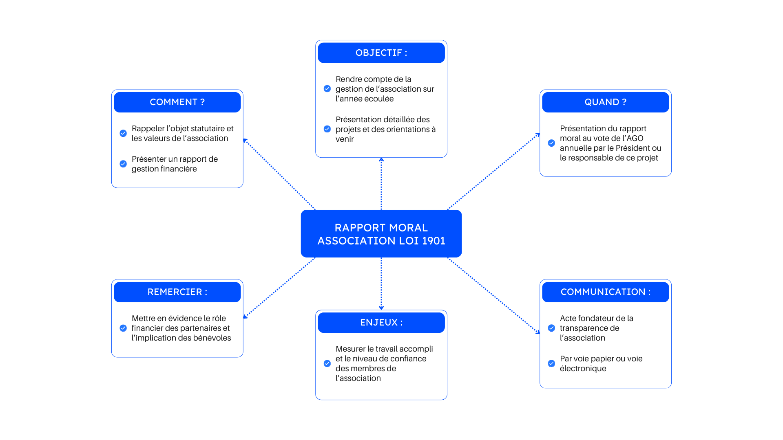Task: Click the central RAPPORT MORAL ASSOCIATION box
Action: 381,233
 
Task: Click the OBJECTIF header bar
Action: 381,53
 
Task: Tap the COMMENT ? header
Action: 177,102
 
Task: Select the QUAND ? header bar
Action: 605,102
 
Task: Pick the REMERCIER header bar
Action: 177,292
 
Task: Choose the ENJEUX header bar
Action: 381,323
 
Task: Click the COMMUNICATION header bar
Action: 605,292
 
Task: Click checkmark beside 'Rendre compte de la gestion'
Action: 327,89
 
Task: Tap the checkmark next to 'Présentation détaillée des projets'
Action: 327,129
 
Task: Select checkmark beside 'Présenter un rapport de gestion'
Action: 123,164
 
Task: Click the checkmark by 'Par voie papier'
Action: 551,363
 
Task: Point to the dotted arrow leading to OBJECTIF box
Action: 381,183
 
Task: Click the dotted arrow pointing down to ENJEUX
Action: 381,283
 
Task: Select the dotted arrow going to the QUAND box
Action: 493,172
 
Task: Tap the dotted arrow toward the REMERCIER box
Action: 279,288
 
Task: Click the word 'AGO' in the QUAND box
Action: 635,138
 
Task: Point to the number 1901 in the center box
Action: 434,241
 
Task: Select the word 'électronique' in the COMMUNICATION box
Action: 583,368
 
